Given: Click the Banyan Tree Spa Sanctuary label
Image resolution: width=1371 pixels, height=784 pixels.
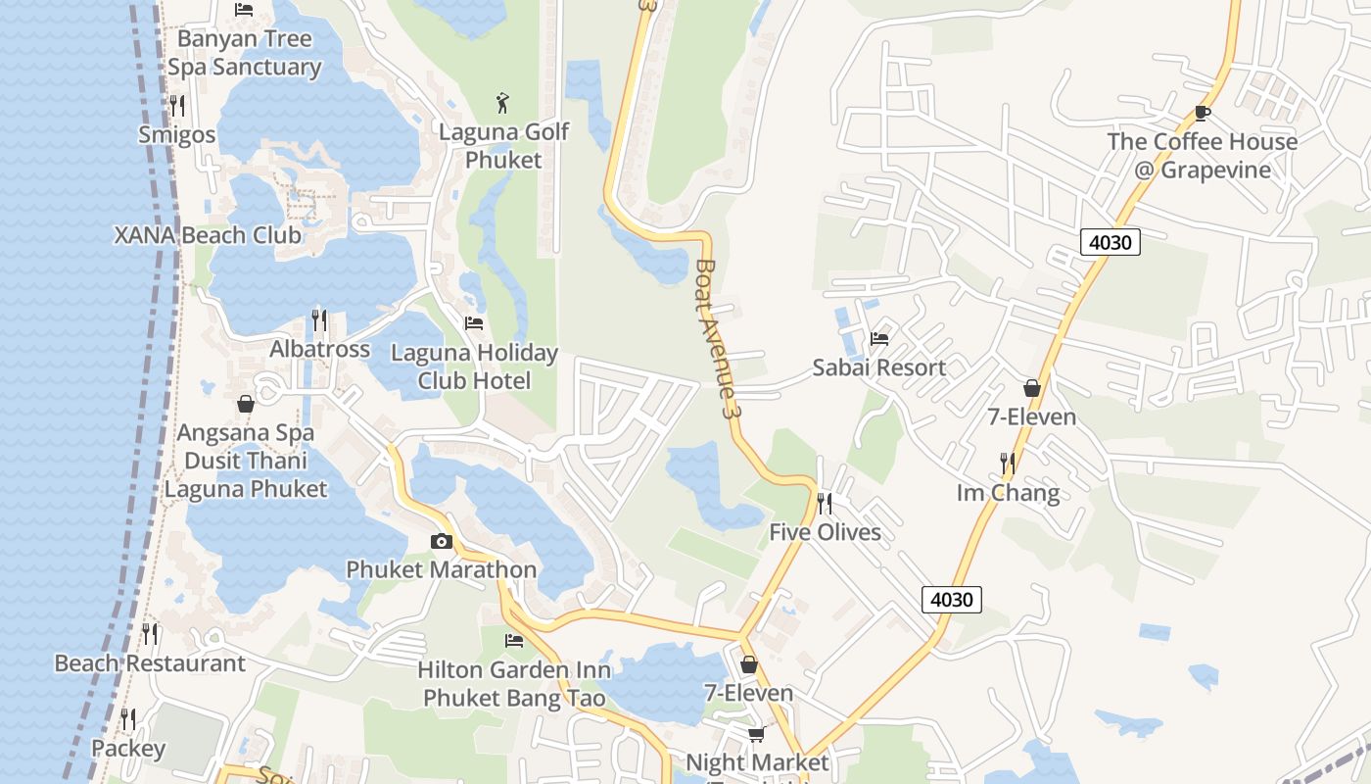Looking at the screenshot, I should pyautogui.click(x=244, y=53).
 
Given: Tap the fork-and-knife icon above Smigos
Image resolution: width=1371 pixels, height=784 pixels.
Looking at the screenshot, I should pyautogui.click(x=177, y=105).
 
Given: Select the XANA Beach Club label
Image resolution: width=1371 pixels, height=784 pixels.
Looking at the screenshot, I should pyautogui.click(x=208, y=235).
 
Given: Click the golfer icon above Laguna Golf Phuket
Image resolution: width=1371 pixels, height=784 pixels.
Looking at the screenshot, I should pyautogui.click(x=502, y=102).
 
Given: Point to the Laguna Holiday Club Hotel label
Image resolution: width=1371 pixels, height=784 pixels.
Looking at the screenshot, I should pyautogui.click(x=474, y=367).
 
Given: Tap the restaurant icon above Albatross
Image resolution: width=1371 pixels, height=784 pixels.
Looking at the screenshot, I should pyautogui.click(x=319, y=320).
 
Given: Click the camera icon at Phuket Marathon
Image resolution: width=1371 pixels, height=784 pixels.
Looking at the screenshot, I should pyautogui.click(x=441, y=541).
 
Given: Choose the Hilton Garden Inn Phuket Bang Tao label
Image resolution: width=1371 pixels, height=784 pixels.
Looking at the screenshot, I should pyautogui.click(x=514, y=684).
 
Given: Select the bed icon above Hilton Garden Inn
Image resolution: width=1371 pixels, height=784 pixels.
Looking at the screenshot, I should pyautogui.click(x=513, y=641).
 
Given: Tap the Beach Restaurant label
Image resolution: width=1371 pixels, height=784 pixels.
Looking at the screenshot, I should pyautogui.click(x=150, y=663).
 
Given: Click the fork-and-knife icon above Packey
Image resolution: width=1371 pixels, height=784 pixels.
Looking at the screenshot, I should pyautogui.click(x=127, y=720).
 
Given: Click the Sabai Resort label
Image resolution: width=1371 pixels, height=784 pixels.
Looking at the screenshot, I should pyautogui.click(x=879, y=367).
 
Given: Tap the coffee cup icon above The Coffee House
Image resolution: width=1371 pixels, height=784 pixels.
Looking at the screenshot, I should pyautogui.click(x=1203, y=114).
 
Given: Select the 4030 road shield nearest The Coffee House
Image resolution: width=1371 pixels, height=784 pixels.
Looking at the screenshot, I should pyautogui.click(x=1111, y=241).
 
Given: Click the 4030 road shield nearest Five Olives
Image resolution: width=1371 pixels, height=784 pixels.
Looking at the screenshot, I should pyautogui.click(x=951, y=599).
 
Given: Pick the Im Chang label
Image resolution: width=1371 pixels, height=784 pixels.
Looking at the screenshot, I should pyautogui.click(x=1008, y=492).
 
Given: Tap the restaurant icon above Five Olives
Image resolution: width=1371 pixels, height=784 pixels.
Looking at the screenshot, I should pyautogui.click(x=825, y=504).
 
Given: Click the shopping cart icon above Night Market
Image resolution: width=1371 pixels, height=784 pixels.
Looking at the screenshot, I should pyautogui.click(x=756, y=734).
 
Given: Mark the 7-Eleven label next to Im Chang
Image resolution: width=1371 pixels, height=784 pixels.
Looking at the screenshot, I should pyautogui.click(x=1031, y=416).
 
